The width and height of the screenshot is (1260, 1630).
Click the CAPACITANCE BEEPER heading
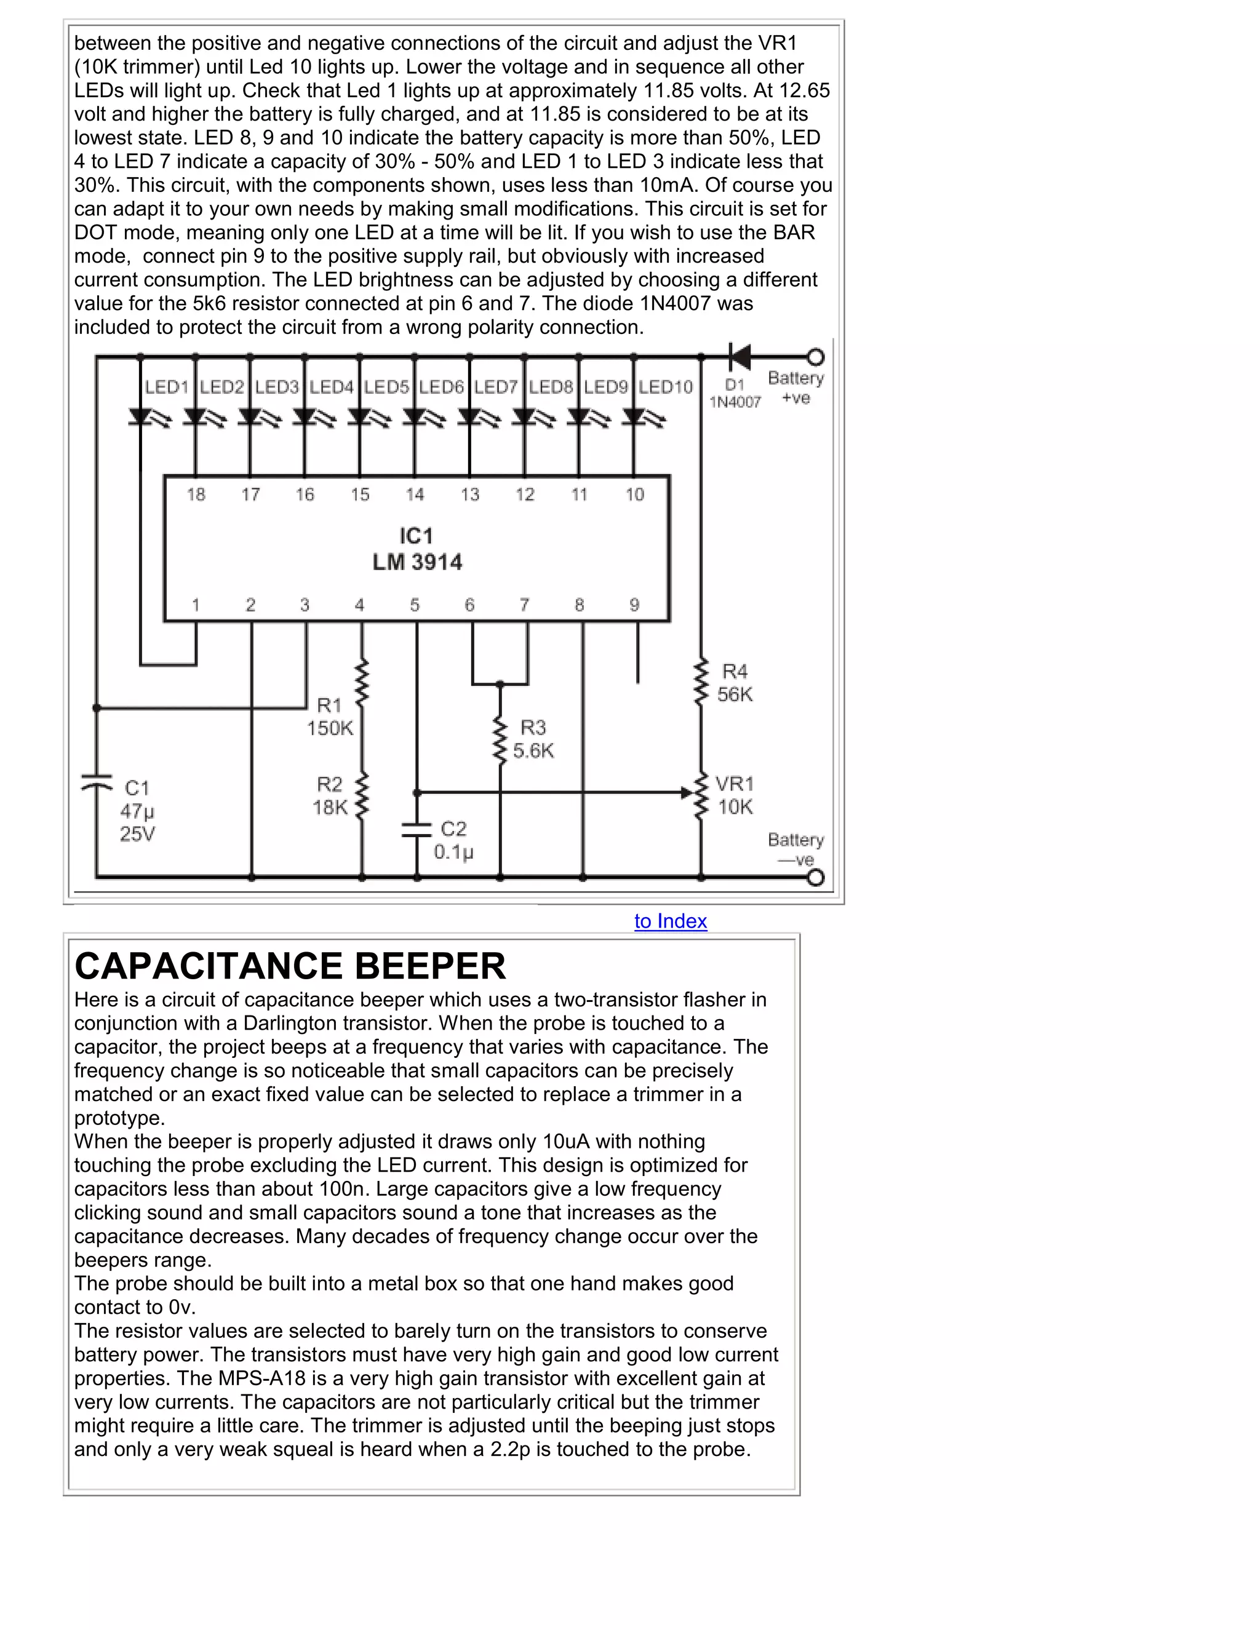[x=290, y=966]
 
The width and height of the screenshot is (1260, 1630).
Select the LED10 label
[x=666, y=387]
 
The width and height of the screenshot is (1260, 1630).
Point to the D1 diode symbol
[x=739, y=357]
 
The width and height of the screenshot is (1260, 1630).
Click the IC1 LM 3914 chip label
[x=417, y=549]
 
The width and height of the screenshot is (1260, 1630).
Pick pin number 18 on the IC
[x=196, y=494]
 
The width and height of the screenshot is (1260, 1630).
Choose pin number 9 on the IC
[x=634, y=605]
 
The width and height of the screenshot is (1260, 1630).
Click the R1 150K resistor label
[x=329, y=717]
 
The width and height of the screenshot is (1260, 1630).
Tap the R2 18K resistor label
[x=330, y=795]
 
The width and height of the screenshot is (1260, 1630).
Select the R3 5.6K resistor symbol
[x=500, y=739]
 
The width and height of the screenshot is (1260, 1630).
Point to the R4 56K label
[x=735, y=683]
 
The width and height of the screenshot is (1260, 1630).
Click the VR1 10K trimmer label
[x=735, y=795]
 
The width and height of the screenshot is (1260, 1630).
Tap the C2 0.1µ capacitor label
[x=454, y=840]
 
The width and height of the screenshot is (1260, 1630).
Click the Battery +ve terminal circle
[x=816, y=357]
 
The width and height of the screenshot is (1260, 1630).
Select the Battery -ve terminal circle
[x=816, y=878]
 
